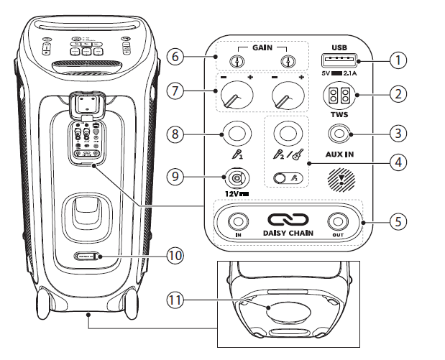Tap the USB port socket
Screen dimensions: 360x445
[x=336, y=60]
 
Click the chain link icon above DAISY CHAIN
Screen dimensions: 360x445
[x=288, y=219]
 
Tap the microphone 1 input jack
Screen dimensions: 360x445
[x=237, y=134]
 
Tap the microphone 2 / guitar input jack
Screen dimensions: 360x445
[x=288, y=133]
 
